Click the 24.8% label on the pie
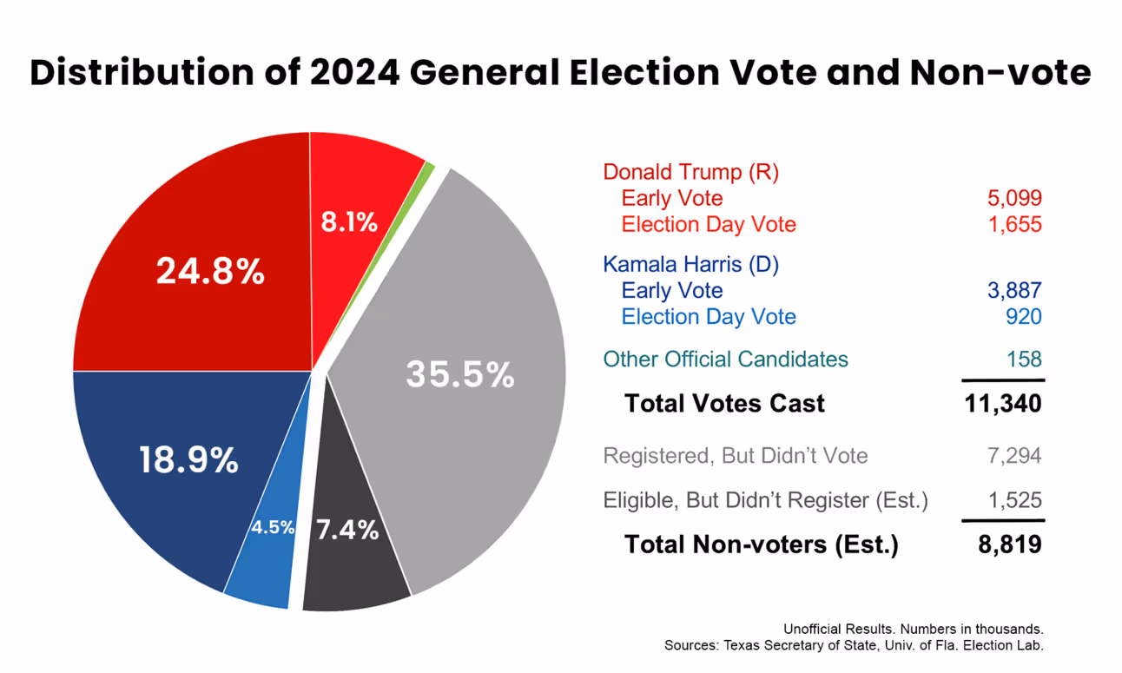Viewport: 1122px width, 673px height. tap(210, 272)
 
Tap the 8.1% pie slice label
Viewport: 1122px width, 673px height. tap(349, 222)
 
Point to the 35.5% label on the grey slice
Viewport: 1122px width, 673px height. tap(460, 374)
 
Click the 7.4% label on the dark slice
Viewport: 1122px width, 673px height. tap(347, 530)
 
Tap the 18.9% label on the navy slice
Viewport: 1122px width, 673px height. tap(188, 459)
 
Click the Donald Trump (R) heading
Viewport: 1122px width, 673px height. tap(690, 172)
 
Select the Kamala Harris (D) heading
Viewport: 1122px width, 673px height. tap(690, 264)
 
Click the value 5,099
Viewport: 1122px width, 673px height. tap(1013, 198)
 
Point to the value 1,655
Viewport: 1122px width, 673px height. tap(1013, 225)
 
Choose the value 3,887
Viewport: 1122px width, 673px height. tap(1013, 290)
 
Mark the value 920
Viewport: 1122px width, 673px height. tap(1024, 317)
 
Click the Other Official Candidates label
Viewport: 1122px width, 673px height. tap(725, 359)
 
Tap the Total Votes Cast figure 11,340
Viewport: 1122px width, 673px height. tap(1002, 404)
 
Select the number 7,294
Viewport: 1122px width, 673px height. tap(1013, 456)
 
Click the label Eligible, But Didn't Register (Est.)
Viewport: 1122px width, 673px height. tap(765, 500)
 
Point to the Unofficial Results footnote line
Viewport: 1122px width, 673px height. tap(913, 629)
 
